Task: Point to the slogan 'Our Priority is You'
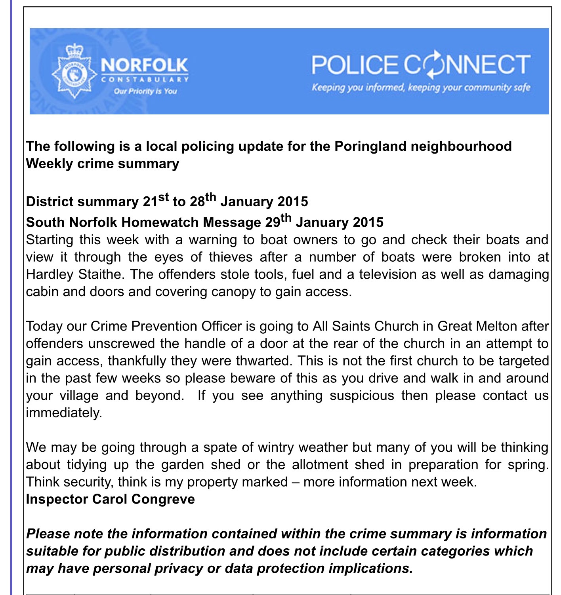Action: tap(145, 91)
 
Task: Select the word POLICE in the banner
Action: tap(355, 65)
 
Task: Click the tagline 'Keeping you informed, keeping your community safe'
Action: tap(421, 87)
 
